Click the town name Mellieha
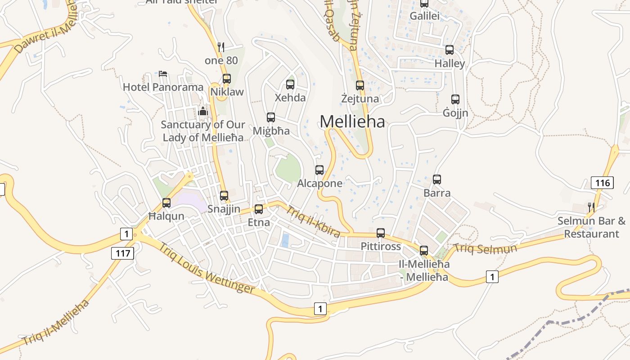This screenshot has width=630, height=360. [352, 121]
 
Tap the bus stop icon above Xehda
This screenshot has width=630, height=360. [290, 84]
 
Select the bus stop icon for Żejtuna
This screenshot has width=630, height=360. [360, 85]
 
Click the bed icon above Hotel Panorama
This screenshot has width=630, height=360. [163, 73]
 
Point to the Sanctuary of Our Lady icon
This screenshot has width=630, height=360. [203, 111]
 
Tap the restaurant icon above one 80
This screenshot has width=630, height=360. [221, 46]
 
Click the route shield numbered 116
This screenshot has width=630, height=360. [602, 183]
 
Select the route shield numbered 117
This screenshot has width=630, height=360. [122, 253]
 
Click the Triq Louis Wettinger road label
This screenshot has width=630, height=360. [207, 269]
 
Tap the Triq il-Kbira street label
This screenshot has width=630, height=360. [313, 221]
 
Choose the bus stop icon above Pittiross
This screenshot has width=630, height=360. [381, 233]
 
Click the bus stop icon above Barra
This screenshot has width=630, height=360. [437, 180]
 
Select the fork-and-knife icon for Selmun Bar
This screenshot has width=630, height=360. [591, 207]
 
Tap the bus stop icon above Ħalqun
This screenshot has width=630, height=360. [166, 203]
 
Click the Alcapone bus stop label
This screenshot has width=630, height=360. [319, 184]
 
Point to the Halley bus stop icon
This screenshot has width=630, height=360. [450, 50]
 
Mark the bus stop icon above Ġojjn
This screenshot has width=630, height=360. [455, 99]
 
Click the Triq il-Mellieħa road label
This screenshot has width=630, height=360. [56, 322]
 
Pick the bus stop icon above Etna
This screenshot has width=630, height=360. [259, 209]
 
